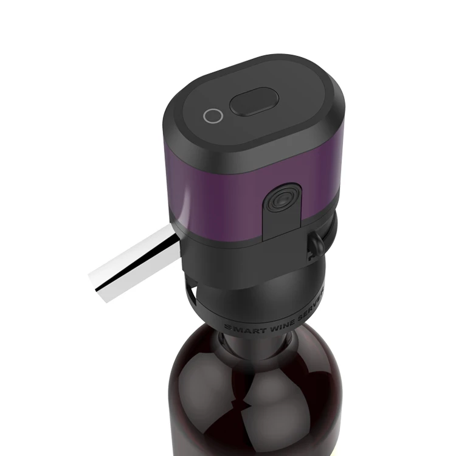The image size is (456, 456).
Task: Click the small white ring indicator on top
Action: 212,116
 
